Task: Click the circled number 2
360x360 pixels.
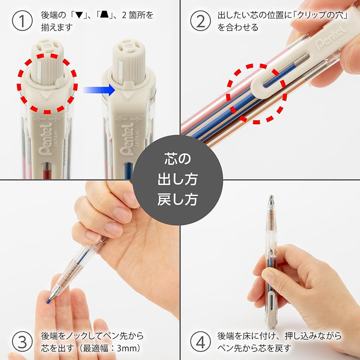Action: [201, 21]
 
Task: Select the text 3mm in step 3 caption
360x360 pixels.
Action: [128, 348]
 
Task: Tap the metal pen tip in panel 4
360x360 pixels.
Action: [271, 200]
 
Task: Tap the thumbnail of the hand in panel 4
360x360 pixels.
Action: [270, 275]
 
